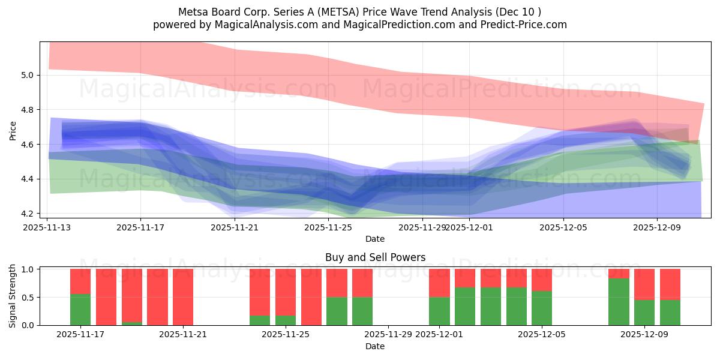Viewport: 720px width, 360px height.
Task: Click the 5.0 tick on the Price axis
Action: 28,75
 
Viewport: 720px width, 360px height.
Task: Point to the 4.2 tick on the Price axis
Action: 28,214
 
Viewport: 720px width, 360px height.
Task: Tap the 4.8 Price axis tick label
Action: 28,110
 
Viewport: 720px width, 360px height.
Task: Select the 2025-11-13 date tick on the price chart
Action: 47,227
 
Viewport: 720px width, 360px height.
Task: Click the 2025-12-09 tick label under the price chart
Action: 656,227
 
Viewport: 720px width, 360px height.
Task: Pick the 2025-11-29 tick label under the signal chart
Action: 389,335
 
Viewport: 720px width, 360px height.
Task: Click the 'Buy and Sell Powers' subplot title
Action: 375,257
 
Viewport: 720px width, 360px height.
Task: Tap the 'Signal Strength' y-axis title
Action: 13,296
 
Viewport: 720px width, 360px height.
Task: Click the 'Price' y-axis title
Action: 13,130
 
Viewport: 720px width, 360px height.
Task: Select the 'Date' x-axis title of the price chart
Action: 375,239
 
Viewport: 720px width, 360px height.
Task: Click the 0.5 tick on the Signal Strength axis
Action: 28,297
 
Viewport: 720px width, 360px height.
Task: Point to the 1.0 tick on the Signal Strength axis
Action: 28,269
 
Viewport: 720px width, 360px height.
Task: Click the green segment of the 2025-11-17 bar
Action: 80,310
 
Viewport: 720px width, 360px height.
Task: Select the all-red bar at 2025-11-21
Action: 183,297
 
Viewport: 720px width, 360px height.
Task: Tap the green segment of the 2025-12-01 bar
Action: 439,311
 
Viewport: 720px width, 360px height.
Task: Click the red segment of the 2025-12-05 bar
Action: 542,280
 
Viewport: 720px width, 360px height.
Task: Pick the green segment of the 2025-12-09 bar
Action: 644,312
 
